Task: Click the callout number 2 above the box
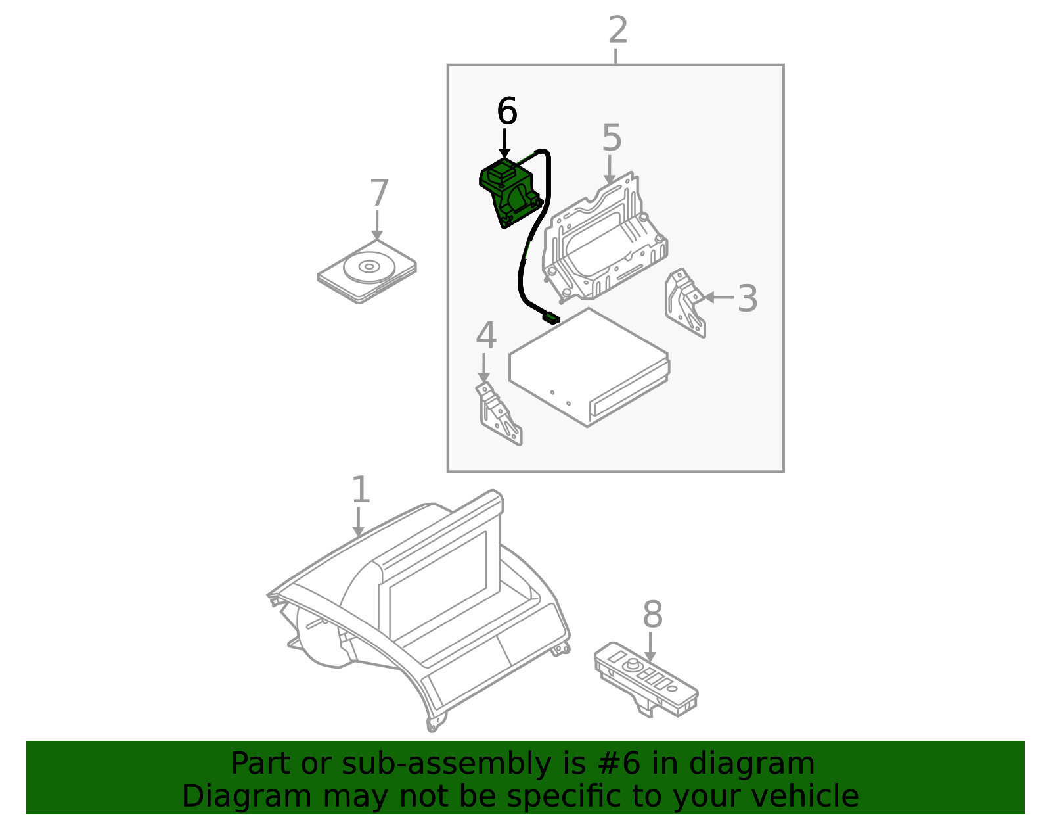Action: pyautogui.click(x=617, y=30)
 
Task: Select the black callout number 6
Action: pyautogui.click(x=507, y=111)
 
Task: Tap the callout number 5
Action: pyautogui.click(x=612, y=137)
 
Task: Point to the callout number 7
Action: pyautogui.click(x=379, y=193)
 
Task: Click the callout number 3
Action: pyautogui.click(x=748, y=298)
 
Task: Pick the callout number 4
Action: pyautogui.click(x=486, y=335)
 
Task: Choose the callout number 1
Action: pyautogui.click(x=361, y=489)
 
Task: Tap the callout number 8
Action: pyautogui.click(x=652, y=615)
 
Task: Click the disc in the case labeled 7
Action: pyautogui.click(x=369, y=267)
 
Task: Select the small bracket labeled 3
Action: pyautogui.click(x=684, y=302)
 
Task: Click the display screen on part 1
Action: pyautogui.click(x=437, y=586)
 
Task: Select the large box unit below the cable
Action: pyautogui.click(x=589, y=367)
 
